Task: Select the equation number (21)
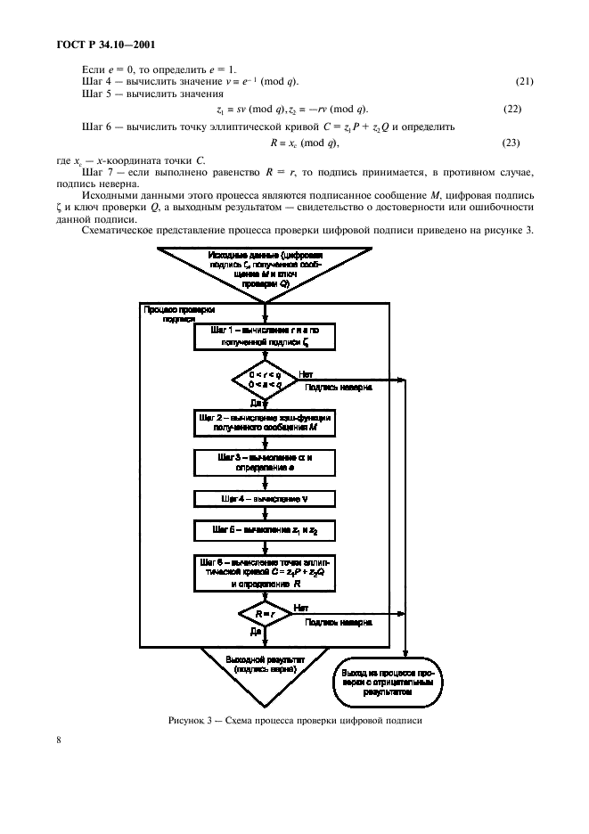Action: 524,82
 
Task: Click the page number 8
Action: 58,740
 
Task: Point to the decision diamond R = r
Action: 264,614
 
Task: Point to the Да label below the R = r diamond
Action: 255,630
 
